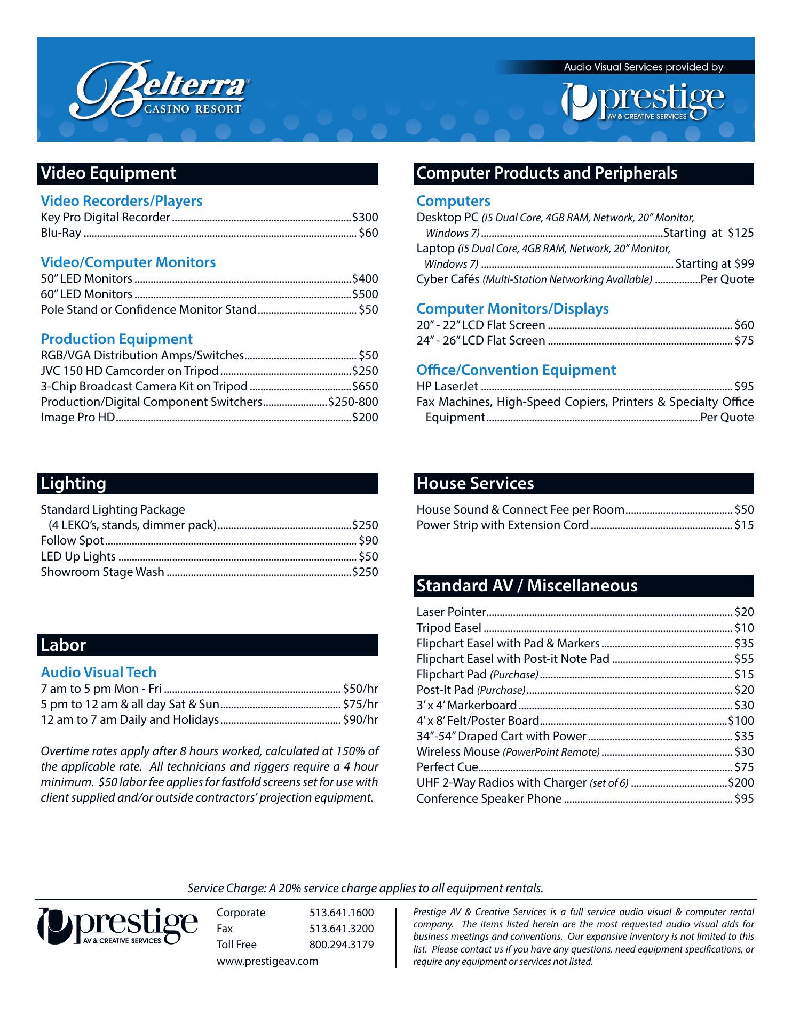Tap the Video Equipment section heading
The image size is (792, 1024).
[108, 173]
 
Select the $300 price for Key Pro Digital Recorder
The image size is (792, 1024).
[365, 218]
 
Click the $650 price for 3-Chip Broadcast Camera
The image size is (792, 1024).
[365, 387]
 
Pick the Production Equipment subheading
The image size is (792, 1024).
[116, 339]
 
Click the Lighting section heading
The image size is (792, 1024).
[74, 484]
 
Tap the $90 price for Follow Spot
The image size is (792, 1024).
[368, 541]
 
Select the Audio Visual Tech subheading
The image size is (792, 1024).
[99, 673]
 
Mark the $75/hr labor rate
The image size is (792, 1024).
[360, 705]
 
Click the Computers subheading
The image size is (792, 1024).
[453, 201]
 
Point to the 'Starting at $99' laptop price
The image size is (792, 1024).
[714, 264]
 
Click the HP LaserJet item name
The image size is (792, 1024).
[447, 387]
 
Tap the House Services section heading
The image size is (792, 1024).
[475, 484]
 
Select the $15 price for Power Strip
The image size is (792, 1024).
[744, 525]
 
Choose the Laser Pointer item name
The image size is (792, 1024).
[451, 612]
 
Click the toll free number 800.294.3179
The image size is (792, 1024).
[342, 945]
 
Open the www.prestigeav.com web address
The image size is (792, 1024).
[267, 961]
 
